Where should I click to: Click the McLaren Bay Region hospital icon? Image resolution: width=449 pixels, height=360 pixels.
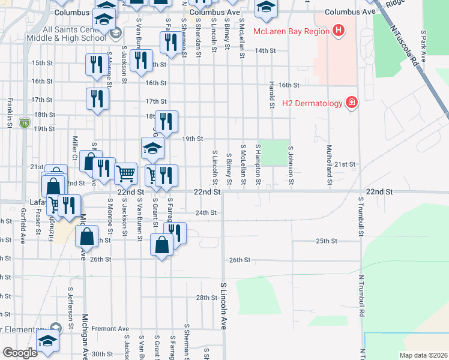339,29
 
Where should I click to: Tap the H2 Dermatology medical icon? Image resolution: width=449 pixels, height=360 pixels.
351,103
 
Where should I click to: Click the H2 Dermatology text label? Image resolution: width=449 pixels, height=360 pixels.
312,103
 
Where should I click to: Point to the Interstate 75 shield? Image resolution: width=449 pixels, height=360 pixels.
23,123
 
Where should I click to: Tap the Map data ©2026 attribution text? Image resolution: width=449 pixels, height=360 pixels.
423,355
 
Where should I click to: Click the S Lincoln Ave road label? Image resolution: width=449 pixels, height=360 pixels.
223,306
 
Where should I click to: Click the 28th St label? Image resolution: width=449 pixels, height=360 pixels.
206,298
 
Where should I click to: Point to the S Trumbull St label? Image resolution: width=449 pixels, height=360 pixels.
361,216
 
